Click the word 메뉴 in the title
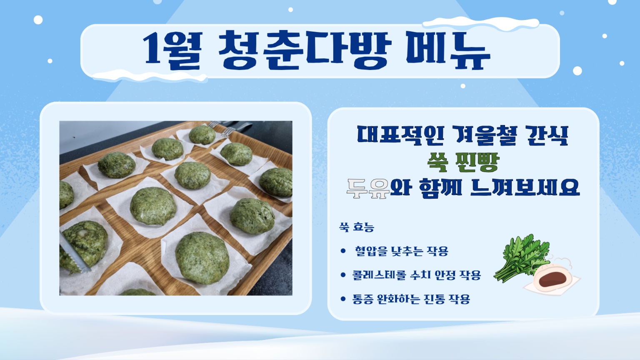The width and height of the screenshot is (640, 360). (448, 50)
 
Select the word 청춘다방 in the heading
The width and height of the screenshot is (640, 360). (305, 50)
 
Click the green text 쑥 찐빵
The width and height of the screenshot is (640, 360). (463, 162)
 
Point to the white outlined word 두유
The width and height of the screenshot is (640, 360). (368, 189)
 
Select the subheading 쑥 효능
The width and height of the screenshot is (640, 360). (357, 227)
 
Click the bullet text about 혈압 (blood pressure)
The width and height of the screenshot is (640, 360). (401, 251)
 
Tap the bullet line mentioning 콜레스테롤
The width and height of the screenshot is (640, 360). (417, 275)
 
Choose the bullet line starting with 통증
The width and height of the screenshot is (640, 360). (411, 299)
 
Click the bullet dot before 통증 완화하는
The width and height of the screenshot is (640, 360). (343, 299)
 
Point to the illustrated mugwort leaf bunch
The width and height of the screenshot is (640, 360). (521, 257)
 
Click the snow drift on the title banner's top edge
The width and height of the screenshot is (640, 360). (480, 23)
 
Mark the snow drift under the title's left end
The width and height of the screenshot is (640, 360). (150, 76)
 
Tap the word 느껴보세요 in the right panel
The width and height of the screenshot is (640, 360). (525, 188)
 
